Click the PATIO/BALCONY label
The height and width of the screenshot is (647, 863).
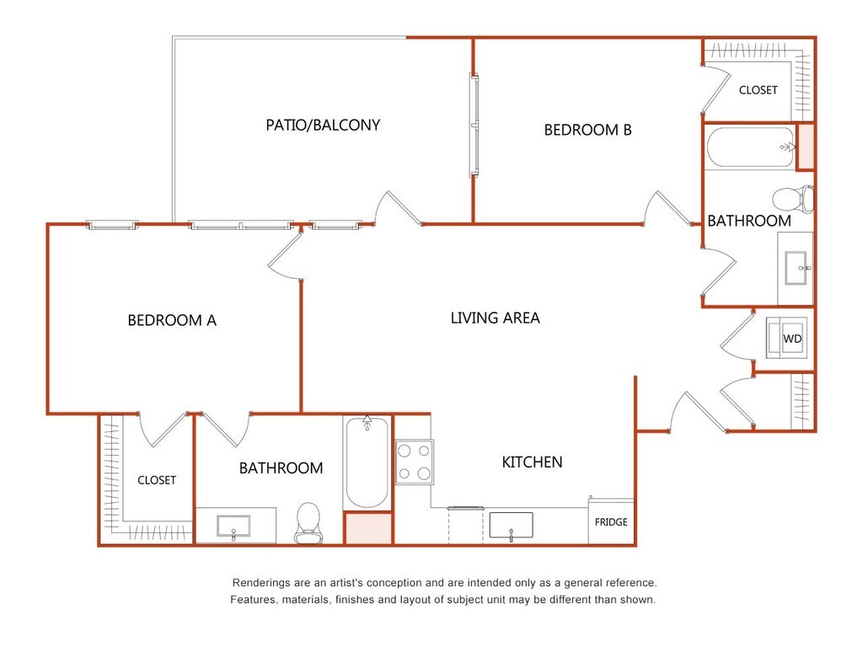323,126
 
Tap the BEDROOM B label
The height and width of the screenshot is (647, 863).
587,130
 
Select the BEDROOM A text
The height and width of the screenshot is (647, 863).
172,320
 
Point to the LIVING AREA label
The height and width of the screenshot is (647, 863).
496,318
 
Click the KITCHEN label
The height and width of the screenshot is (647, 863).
533,463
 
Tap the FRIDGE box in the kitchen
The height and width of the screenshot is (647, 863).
611,521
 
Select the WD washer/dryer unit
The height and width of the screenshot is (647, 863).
787,337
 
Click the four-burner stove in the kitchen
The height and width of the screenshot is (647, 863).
415,463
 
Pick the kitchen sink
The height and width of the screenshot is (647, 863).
512,526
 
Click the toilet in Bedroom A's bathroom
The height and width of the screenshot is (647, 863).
308,522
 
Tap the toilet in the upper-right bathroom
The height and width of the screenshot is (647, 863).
793,199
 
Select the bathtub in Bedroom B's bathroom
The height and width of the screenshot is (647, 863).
751,147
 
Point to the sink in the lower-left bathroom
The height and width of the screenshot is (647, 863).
233,526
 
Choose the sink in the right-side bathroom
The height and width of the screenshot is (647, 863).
796,268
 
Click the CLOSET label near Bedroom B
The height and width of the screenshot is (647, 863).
758,90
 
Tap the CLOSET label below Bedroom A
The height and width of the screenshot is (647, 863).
157,480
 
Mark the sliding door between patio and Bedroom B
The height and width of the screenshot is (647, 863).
474,126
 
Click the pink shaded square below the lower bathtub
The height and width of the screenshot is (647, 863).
368,529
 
